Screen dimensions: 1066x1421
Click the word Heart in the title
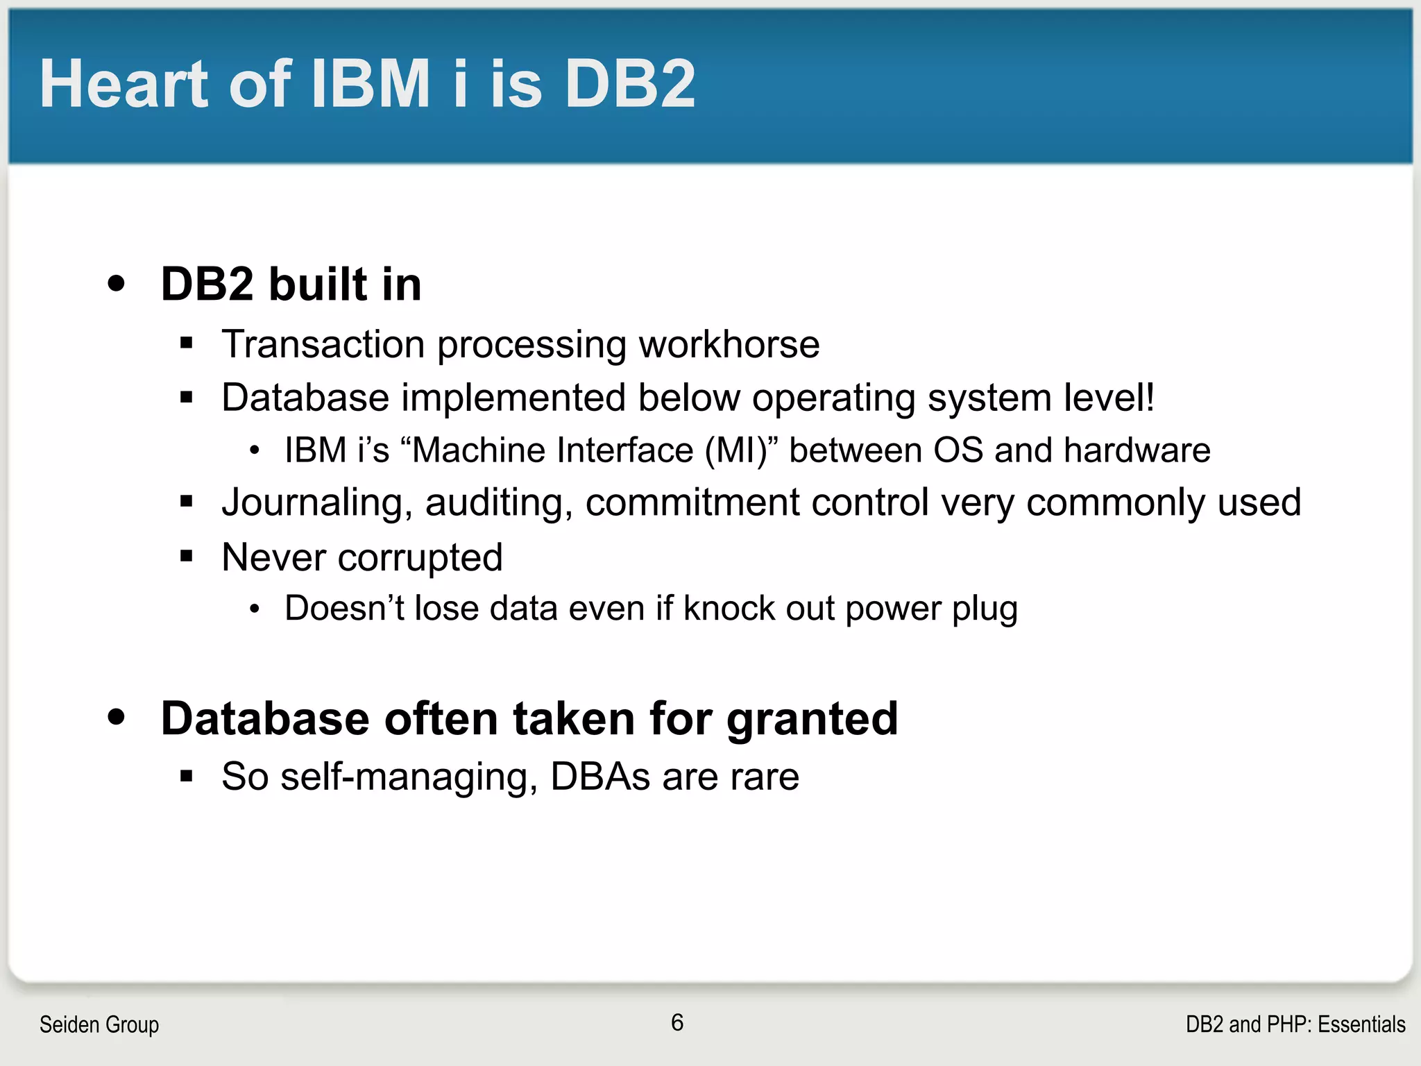(124, 84)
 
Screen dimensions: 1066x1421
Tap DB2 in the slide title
(629, 84)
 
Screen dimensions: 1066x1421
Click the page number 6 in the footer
(677, 1022)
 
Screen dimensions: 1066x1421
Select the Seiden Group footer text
(99, 1024)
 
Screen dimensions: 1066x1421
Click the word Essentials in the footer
(1361, 1024)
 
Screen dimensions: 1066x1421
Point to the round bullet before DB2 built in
(117, 283)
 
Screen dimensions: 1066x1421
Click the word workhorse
(729, 344)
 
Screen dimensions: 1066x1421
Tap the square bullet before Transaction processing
(186, 342)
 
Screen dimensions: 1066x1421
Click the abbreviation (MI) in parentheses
(741, 450)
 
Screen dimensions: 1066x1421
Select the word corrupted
(420, 557)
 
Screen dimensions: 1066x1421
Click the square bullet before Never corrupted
(186, 555)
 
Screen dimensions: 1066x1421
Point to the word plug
(985, 609)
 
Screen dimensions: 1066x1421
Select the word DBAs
(600, 777)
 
